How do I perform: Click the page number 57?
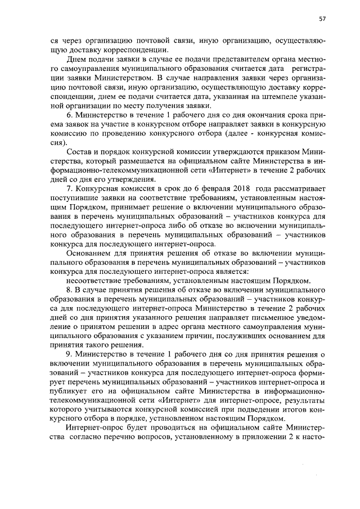click(322, 19)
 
